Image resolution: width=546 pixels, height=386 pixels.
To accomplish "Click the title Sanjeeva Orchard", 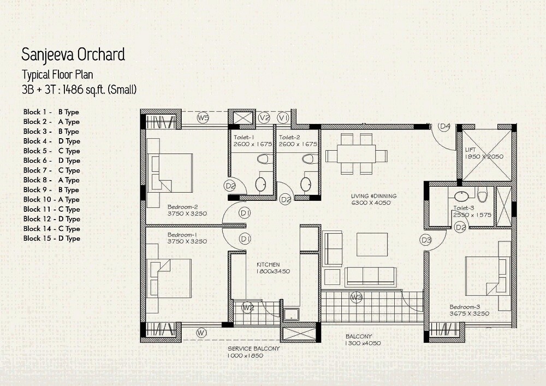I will tap(73, 55).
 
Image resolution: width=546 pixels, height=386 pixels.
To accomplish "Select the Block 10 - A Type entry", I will tap(51, 200).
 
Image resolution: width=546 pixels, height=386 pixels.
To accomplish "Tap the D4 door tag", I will tap(445, 127).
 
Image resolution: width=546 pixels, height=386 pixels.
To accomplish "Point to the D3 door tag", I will tap(426, 239).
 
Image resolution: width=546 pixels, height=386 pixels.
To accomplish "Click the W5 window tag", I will tap(203, 118).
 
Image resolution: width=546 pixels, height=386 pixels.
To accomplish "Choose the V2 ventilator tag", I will tap(265, 118).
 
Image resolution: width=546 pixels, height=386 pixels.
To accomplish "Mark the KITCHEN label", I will tap(268, 264).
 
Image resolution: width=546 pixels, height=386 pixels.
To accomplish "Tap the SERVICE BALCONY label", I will tap(254, 348).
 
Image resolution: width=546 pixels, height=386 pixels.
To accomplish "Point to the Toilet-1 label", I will tap(244, 138).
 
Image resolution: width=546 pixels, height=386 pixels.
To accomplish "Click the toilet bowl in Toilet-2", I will tap(310, 159).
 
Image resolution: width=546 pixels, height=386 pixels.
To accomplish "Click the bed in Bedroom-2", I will tap(170, 172).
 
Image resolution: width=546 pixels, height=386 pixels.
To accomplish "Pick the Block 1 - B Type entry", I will tap(51, 112).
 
